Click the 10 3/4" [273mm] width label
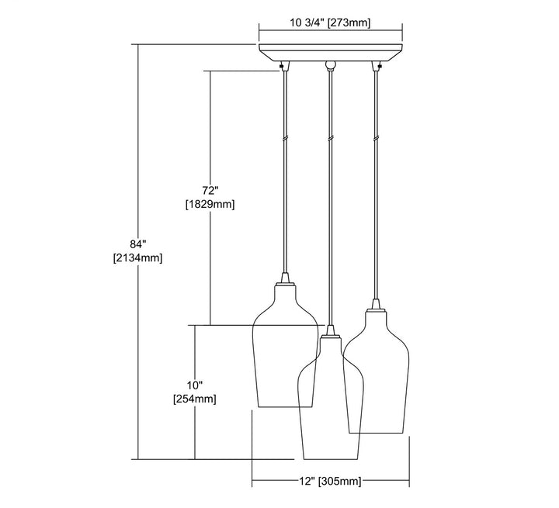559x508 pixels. (330, 22)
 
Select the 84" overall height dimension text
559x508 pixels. (138, 244)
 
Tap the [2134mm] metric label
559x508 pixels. (137, 258)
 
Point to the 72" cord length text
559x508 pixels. (210, 190)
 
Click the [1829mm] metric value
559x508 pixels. (210, 205)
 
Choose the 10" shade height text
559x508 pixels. (195, 385)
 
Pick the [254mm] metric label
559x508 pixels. (195, 399)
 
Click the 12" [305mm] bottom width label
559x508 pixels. (330, 482)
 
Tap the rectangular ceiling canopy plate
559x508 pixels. (331, 53)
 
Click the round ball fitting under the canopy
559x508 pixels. (331, 65)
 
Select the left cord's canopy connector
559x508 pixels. (284, 66)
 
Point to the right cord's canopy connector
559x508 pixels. (376, 66)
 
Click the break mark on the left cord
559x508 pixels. (284, 139)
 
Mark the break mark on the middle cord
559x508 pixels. (331, 139)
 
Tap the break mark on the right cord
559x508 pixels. (376, 139)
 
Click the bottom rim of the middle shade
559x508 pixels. (330, 459)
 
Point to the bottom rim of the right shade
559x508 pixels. (376, 434)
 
